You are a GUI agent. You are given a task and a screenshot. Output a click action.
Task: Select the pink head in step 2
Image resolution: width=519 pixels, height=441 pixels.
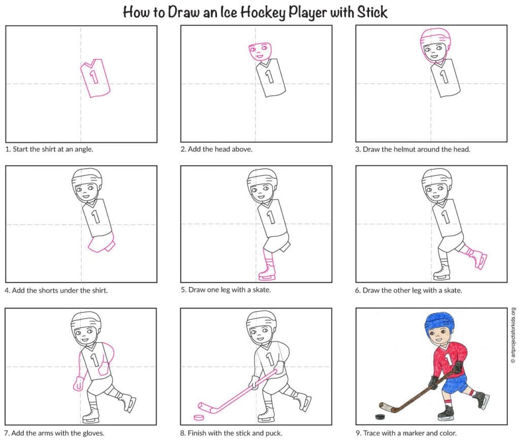pyautogui.click(x=259, y=51)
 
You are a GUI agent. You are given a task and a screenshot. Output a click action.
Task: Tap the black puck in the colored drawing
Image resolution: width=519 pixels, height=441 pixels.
pyautogui.click(x=378, y=417)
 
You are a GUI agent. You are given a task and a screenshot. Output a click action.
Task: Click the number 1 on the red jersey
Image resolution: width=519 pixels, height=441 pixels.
pyautogui.click(x=448, y=359)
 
